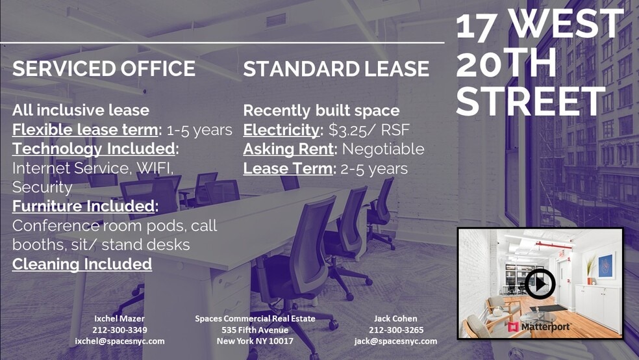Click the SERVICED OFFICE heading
tap(104, 69)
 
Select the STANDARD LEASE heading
tap(336, 69)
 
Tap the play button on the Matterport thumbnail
tap(540, 283)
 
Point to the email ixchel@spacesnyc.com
tap(119, 341)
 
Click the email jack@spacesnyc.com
tap(395, 341)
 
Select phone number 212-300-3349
tap(119, 330)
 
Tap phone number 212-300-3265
tap(395, 330)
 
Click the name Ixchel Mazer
tap(119, 318)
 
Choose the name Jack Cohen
tap(395, 318)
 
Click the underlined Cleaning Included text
tap(82, 264)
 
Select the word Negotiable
tap(383, 149)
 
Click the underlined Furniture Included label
tap(85, 207)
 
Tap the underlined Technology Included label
tap(95, 149)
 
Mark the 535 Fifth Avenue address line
tap(255, 330)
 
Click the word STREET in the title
tap(531, 101)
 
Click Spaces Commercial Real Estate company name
tap(255, 318)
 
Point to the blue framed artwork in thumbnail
tap(606, 266)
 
